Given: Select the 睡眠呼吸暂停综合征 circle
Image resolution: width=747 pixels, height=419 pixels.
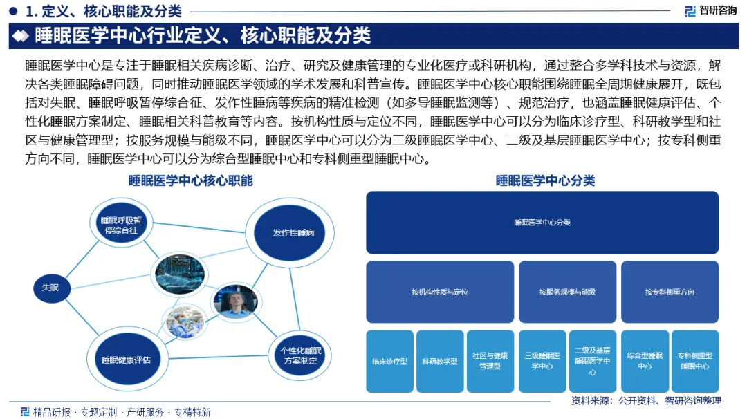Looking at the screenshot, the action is pyautogui.click(x=121, y=225).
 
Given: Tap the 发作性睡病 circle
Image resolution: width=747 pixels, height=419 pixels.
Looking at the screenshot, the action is pyautogui.click(x=293, y=232).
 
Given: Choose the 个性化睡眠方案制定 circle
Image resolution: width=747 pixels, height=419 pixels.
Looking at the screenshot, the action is pyautogui.click(x=299, y=355).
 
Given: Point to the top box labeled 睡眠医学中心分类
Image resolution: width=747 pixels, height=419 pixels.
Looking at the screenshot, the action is pyautogui.click(x=542, y=223).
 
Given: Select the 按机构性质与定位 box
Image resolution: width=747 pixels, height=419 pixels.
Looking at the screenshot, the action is pyautogui.click(x=440, y=292).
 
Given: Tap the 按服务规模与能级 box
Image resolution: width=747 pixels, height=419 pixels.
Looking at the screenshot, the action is pyautogui.click(x=567, y=292).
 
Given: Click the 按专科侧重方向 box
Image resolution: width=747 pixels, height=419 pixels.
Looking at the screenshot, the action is pyautogui.click(x=670, y=292).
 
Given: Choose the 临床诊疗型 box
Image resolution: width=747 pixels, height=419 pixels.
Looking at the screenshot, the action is pyautogui.click(x=389, y=361).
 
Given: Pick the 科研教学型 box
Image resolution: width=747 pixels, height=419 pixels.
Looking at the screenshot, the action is pyautogui.click(x=440, y=361).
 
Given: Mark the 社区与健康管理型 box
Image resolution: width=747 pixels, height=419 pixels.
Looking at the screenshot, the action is pyautogui.click(x=490, y=361).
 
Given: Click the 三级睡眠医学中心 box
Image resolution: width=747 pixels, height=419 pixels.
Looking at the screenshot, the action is pyautogui.click(x=542, y=361).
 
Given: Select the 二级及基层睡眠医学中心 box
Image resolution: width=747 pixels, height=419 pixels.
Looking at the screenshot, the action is pyautogui.click(x=592, y=361).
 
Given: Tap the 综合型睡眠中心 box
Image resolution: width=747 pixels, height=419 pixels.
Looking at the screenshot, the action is pyautogui.click(x=645, y=361).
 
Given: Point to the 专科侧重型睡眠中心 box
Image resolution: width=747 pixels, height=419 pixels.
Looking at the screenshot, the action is pyautogui.click(x=694, y=361).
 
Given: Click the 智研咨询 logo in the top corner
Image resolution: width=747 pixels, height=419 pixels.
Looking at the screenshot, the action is pyautogui.click(x=710, y=10).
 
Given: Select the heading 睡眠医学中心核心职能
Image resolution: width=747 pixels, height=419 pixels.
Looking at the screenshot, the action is pyautogui.click(x=190, y=181).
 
